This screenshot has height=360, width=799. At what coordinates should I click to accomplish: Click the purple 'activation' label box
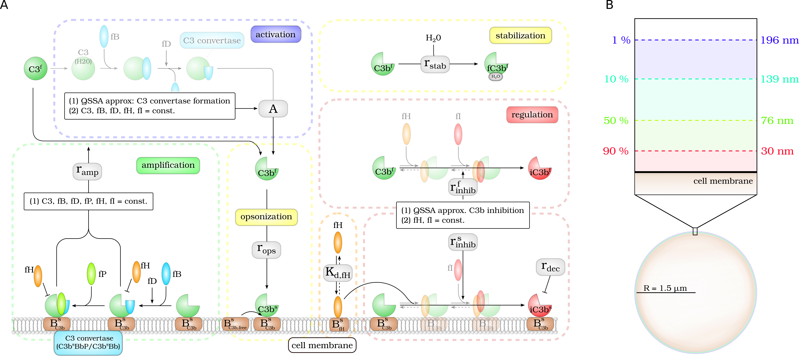point(275,35)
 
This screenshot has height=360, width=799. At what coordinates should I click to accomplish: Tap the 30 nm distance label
point(777,151)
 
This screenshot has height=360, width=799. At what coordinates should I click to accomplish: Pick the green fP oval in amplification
point(91,274)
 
